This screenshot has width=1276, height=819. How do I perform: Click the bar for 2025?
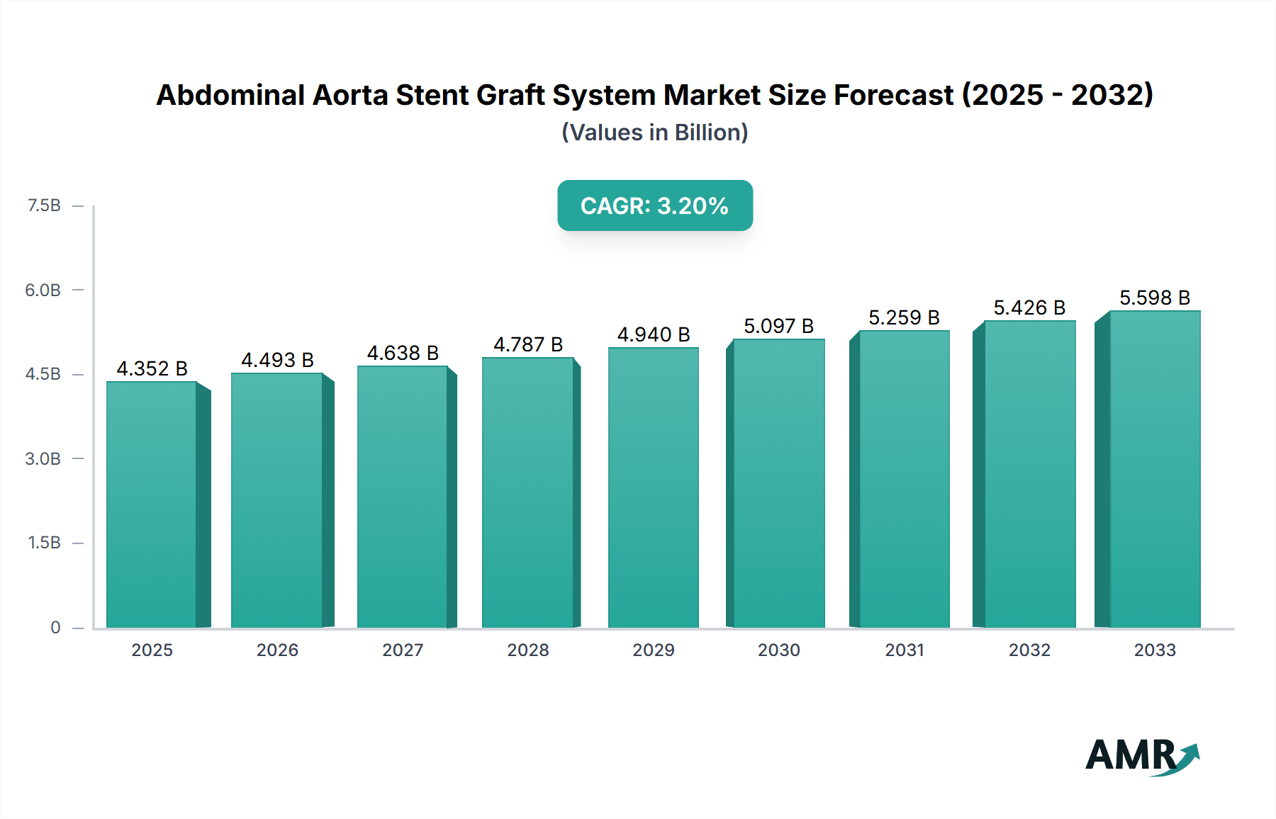click(x=152, y=504)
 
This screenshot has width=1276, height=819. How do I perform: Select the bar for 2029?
click(x=653, y=487)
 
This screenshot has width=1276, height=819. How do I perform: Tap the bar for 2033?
click(x=1155, y=469)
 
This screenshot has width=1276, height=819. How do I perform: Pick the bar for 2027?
click(x=402, y=497)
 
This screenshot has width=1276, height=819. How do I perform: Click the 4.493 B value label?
click(x=277, y=361)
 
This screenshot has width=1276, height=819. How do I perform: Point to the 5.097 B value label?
click(x=778, y=327)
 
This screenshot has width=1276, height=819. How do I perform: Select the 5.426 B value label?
click(x=1029, y=308)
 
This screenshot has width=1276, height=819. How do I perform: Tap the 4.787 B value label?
click(x=528, y=345)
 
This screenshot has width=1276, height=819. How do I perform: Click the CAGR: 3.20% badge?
click(x=654, y=205)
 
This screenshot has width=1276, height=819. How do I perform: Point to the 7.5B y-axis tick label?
click(x=44, y=205)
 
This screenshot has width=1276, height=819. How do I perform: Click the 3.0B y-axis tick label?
click(x=43, y=459)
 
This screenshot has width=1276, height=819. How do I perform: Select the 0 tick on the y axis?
click(x=55, y=628)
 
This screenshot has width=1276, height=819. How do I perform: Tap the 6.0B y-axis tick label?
click(x=43, y=290)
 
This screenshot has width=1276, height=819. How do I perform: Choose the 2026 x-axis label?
click(x=277, y=650)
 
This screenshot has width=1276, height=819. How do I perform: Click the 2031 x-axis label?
click(x=904, y=650)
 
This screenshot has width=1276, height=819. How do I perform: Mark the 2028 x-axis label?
click(x=528, y=650)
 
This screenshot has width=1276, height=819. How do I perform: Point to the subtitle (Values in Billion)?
click(x=654, y=132)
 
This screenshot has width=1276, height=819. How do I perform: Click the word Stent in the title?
click(x=432, y=95)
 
